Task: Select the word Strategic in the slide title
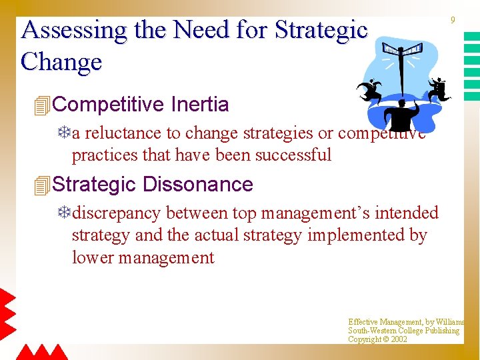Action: point(321,31)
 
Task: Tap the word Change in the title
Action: point(61,62)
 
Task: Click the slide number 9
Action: point(453,21)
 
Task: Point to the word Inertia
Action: point(200,105)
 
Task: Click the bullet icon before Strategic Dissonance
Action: point(42,185)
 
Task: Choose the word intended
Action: point(407,213)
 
